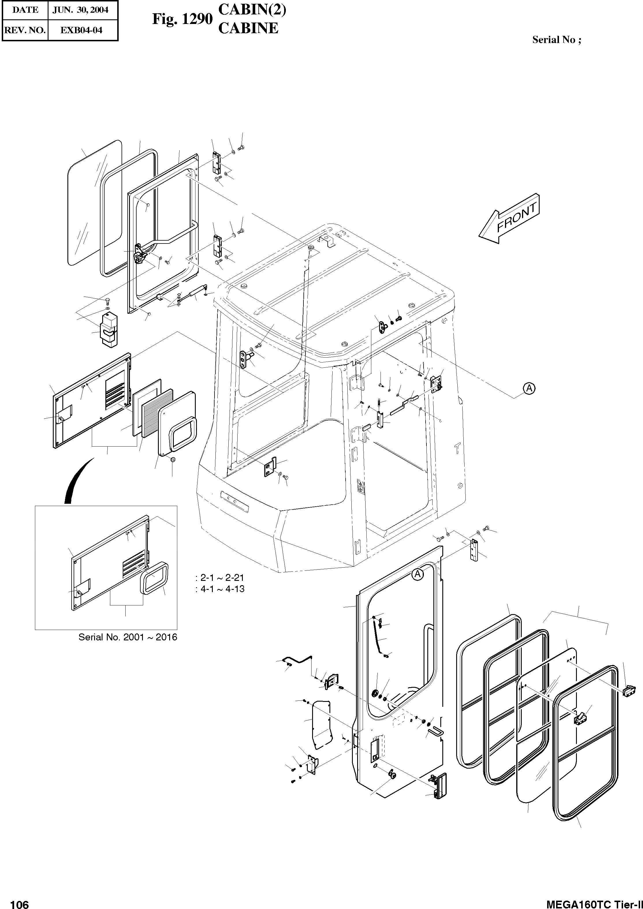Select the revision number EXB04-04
coord(81,30)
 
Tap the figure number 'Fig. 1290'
coord(182,19)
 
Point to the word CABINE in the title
coord(248,29)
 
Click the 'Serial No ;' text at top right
coord(556,40)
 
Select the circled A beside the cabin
coord(529,388)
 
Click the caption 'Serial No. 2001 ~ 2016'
coord(128,637)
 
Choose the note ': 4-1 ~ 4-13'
coord(220,589)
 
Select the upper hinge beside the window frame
coord(217,163)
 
